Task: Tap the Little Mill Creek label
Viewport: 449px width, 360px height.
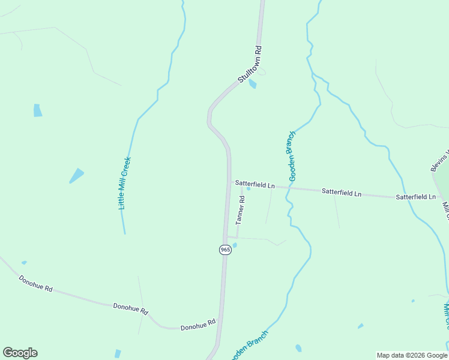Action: point(124,183)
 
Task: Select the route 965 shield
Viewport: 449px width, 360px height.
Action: point(225,250)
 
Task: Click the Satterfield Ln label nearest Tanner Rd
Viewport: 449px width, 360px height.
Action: point(255,184)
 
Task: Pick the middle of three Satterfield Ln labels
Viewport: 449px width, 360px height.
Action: point(342,192)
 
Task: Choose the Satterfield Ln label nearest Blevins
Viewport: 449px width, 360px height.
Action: point(415,196)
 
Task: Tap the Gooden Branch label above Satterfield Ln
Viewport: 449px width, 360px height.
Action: point(292,156)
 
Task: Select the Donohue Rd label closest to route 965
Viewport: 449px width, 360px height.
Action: point(197,325)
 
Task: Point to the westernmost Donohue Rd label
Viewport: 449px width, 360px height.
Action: point(35,283)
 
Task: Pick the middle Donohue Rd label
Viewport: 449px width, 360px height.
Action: point(130,308)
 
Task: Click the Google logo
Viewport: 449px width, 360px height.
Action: point(20,353)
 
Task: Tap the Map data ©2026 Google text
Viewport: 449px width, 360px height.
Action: point(412,355)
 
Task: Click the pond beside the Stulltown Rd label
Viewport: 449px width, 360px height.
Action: point(253,84)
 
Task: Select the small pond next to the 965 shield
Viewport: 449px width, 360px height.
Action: point(234,245)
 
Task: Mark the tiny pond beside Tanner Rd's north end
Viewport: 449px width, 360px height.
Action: point(248,189)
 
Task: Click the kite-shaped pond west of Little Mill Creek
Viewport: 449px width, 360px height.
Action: point(77,175)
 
